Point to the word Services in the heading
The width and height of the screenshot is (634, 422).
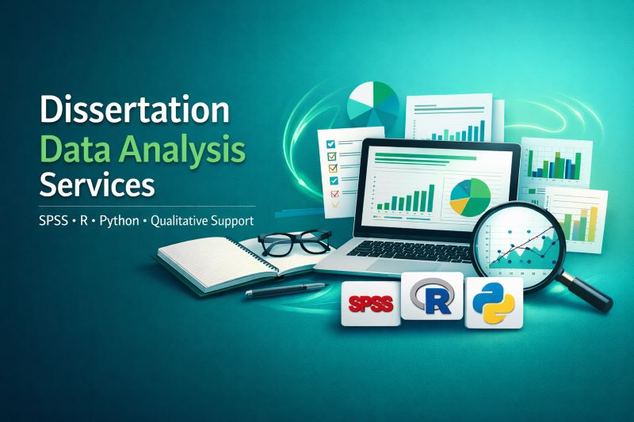(x=97, y=184)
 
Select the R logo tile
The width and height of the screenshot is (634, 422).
(x=432, y=297)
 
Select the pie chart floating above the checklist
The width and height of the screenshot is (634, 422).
(x=373, y=108)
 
